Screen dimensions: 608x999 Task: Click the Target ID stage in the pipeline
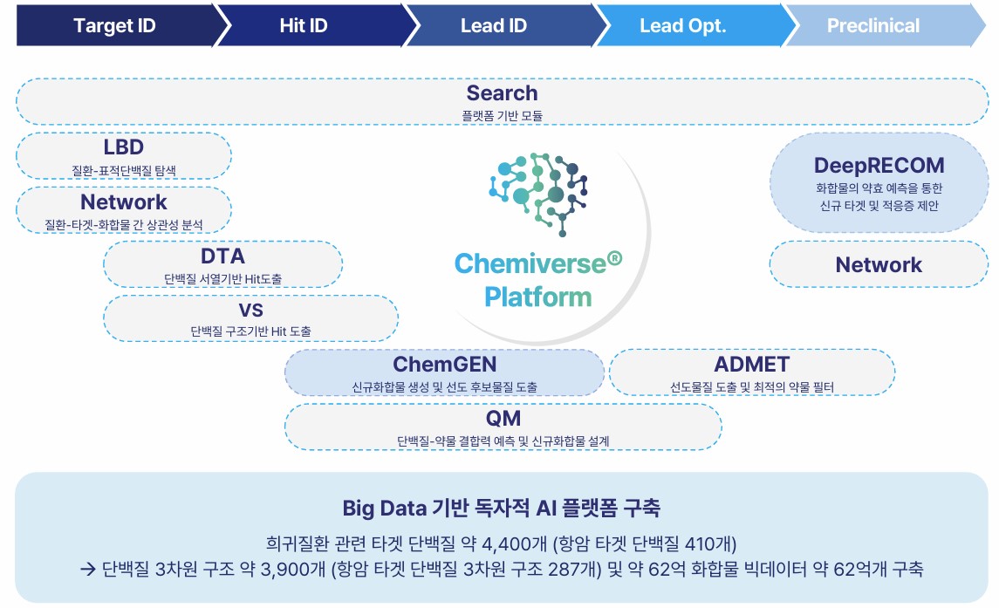coord(114,25)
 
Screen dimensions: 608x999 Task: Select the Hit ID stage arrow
coord(304,25)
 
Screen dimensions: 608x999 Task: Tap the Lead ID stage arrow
coord(494,25)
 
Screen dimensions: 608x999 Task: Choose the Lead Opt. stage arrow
coord(683,25)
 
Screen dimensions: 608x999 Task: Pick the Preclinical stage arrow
coord(872,25)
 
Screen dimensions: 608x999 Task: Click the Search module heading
coord(502,93)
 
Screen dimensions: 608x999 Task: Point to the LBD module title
coord(123,147)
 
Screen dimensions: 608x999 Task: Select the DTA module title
coord(222,256)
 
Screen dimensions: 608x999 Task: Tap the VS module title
coord(250,311)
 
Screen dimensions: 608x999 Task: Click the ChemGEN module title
coord(444,364)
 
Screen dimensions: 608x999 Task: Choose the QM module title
coord(503,419)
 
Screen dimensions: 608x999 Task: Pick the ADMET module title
coord(751,364)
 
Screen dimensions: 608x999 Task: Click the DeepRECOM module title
coord(879,165)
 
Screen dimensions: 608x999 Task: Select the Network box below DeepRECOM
coord(879,264)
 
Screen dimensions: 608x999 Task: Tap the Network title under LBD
coord(123,202)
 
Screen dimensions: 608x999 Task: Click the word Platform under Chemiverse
coord(537,297)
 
